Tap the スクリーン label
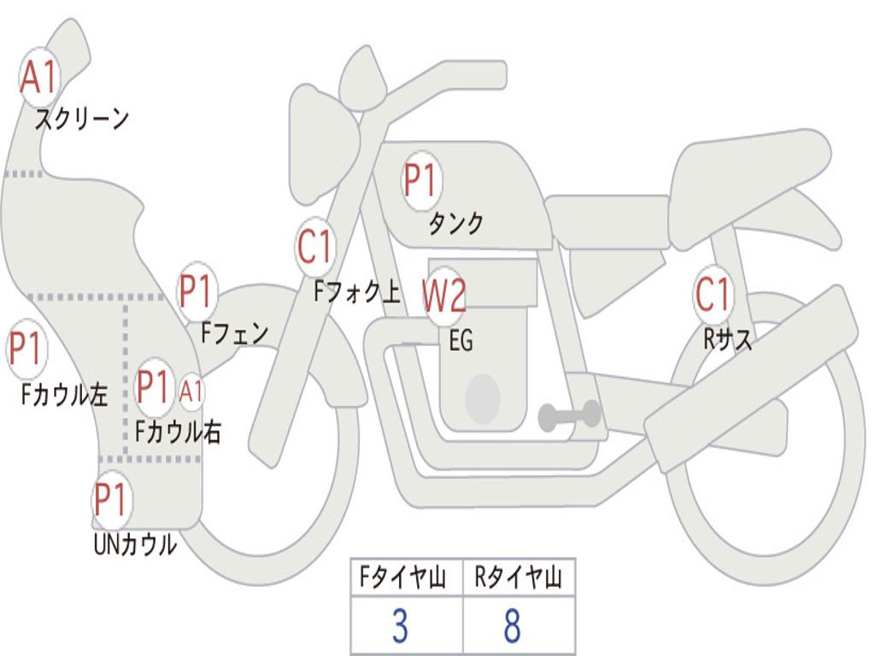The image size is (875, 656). pyautogui.click(x=82, y=119)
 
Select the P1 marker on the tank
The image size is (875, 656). pyautogui.click(x=422, y=180)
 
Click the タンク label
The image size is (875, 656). pyautogui.click(x=456, y=223)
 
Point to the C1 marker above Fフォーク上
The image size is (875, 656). pyautogui.click(x=315, y=247)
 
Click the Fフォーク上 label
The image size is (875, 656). pyautogui.click(x=357, y=291)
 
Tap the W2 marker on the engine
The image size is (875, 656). pyautogui.click(x=444, y=295)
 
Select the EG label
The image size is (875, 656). pyautogui.click(x=461, y=340)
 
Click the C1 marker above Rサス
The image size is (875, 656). pyautogui.click(x=714, y=294)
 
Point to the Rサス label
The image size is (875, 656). pyautogui.click(x=727, y=338)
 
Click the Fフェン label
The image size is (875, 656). pyautogui.click(x=235, y=333)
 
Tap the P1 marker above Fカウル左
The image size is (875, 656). pyautogui.click(x=26, y=348)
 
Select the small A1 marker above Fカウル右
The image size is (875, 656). pyautogui.click(x=191, y=390)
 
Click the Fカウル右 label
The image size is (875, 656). pyautogui.click(x=178, y=431)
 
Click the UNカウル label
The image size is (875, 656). pyautogui.click(x=135, y=544)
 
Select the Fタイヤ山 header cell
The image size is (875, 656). pyautogui.click(x=403, y=577)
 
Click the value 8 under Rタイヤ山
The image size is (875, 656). pyautogui.click(x=513, y=626)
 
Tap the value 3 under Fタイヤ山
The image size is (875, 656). pyautogui.click(x=400, y=626)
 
